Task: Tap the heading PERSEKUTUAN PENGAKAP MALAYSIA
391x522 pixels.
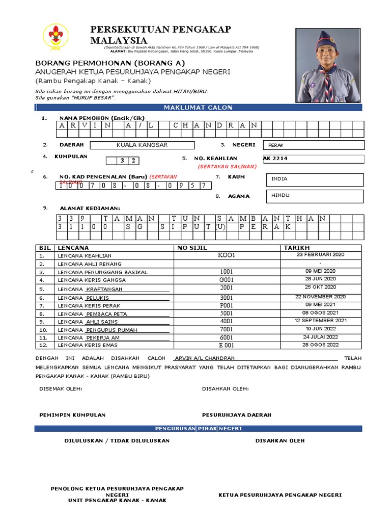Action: point(160,35)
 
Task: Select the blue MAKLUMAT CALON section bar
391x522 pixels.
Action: point(198,108)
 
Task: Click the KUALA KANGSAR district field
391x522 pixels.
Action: point(142,145)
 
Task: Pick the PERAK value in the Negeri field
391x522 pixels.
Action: point(276,145)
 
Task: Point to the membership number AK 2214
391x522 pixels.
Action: point(275,159)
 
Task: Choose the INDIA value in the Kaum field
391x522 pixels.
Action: point(280,179)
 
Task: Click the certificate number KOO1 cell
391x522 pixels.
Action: point(227,255)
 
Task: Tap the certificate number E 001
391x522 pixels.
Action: point(227,345)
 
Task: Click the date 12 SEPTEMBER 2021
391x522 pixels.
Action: point(320,320)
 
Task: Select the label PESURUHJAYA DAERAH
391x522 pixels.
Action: point(237,415)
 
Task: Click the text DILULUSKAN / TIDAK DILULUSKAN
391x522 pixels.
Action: point(117,440)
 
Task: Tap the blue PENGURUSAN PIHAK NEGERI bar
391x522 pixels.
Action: point(198,429)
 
